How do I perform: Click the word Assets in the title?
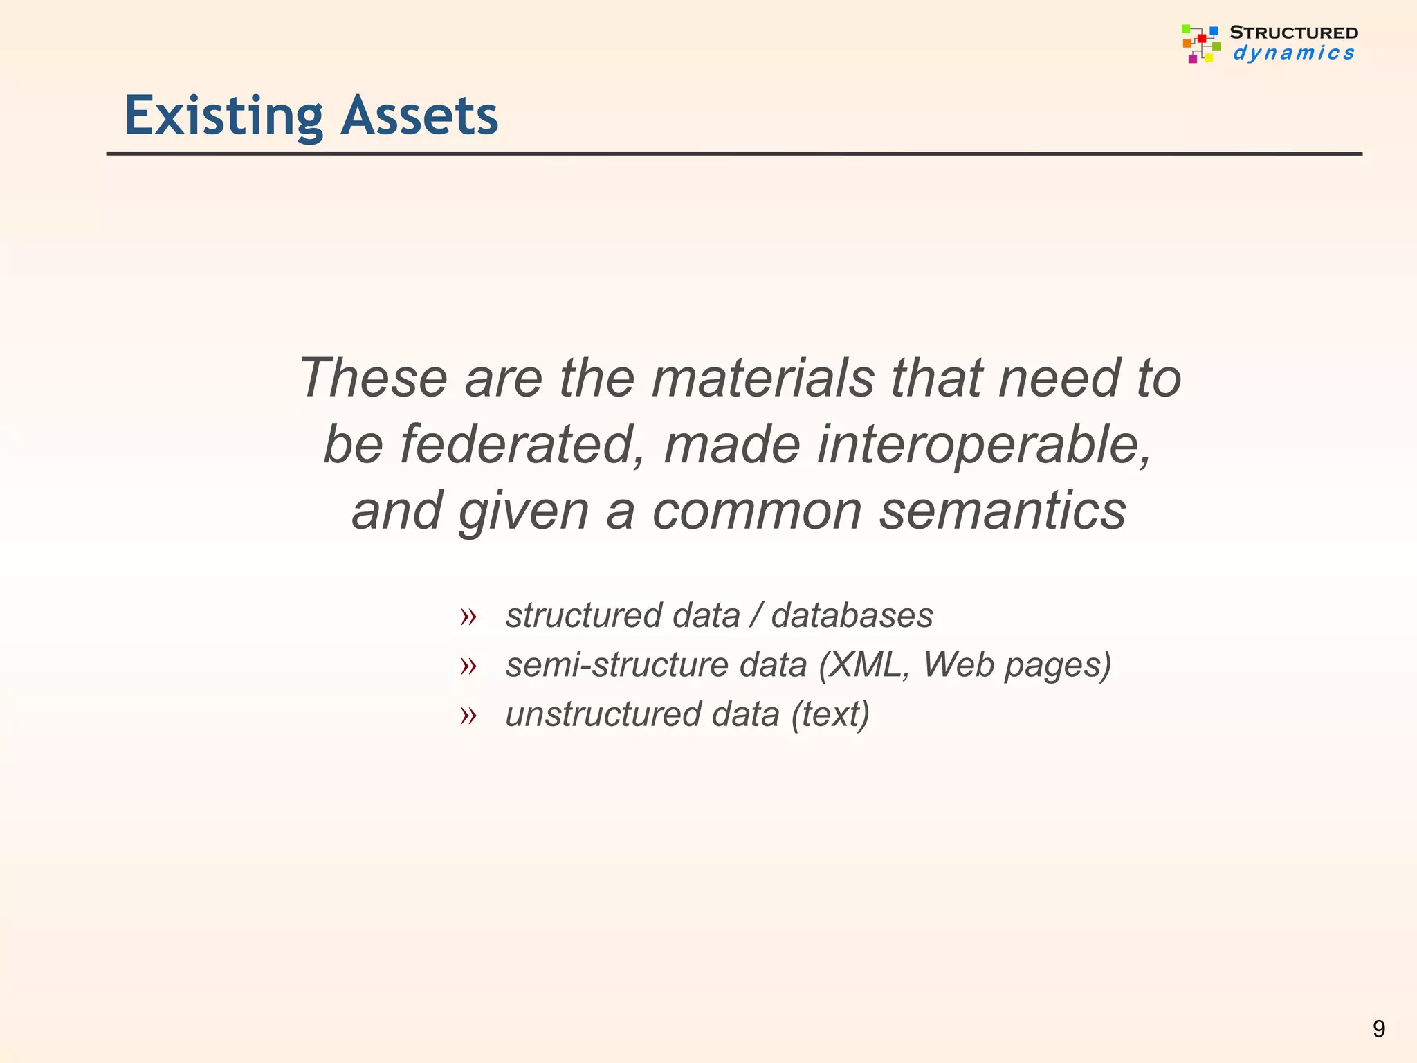tap(419, 116)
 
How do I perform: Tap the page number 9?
tap(1379, 1029)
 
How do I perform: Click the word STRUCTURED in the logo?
tap(1293, 33)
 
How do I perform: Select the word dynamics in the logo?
tap(1293, 53)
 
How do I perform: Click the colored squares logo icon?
tap(1200, 44)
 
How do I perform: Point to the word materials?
tap(763, 379)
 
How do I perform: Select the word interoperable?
tap(984, 445)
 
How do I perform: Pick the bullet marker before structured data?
tap(468, 616)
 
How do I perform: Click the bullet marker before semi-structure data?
tap(468, 666)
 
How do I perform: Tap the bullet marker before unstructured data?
tap(468, 715)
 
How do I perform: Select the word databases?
tap(852, 615)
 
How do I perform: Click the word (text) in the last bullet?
tap(830, 714)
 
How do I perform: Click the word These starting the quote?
tap(374, 379)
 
